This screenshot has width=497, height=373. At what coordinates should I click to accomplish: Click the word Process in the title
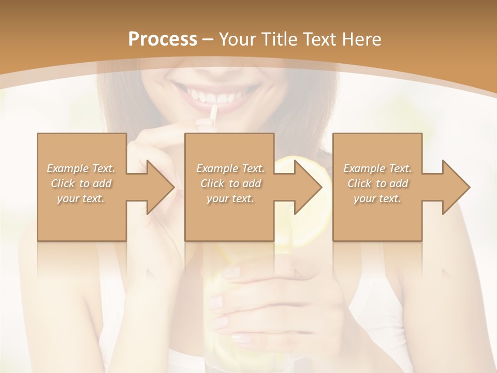click(x=163, y=39)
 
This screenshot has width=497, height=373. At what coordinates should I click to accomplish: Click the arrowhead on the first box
click(x=155, y=187)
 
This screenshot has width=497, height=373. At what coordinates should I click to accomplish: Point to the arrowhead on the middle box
click(x=303, y=187)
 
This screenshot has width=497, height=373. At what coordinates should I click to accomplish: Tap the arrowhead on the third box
click(x=451, y=187)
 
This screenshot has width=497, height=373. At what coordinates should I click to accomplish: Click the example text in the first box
click(x=81, y=183)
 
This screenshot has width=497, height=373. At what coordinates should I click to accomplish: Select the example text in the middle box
click(x=230, y=183)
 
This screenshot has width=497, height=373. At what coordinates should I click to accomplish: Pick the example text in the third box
click(x=377, y=183)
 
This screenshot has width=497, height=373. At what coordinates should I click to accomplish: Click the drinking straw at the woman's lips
click(x=212, y=114)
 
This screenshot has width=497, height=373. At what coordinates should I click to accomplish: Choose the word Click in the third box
click(x=359, y=183)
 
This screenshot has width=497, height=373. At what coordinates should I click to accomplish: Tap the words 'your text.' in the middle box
click(x=230, y=198)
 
